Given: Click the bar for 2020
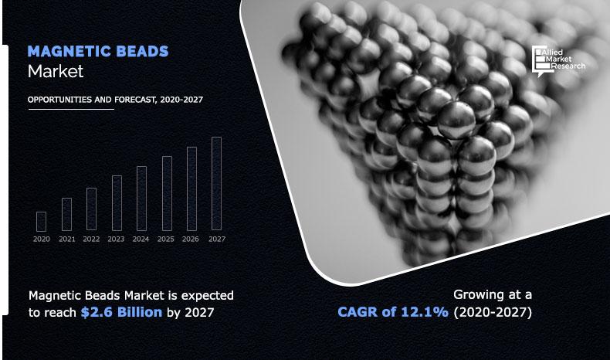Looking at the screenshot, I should pos(42,222).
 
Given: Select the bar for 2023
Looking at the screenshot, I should pos(117,203).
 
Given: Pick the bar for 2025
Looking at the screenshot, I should pos(167,194).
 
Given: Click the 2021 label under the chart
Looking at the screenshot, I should pos(66,239).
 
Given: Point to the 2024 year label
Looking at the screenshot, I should pos(141,239).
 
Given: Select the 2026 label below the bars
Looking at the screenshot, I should pos(191,239).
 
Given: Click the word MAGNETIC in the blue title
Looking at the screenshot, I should pos(68,52).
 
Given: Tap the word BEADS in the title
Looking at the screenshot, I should pos(141,52).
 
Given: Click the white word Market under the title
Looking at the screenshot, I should pos(55,72).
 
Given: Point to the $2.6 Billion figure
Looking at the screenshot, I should pos(121,312).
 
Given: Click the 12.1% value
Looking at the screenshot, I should pos(425,312).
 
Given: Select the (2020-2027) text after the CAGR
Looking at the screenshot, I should pos(492,312).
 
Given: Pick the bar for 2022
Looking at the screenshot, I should pos(92,209).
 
